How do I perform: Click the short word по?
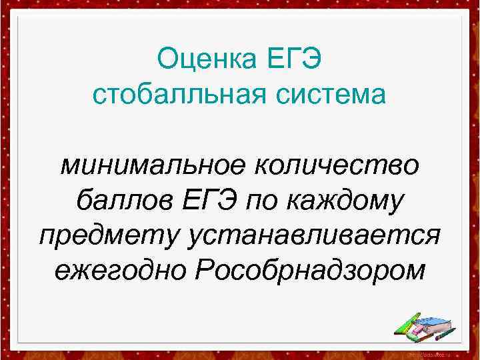(x=266, y=200)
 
